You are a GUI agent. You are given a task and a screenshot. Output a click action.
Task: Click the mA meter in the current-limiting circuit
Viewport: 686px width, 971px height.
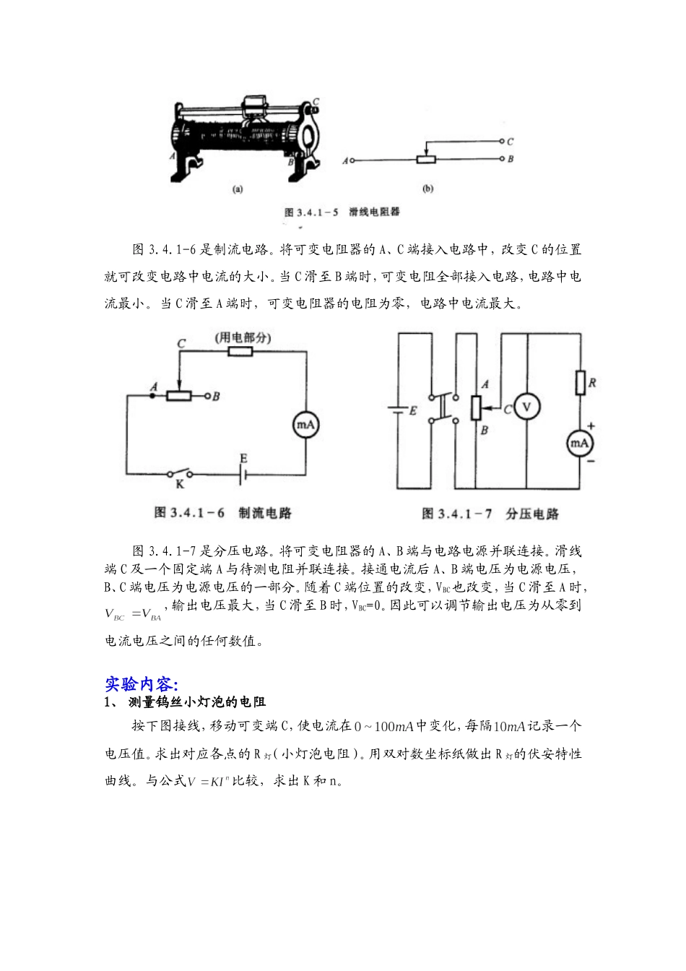point(305,425)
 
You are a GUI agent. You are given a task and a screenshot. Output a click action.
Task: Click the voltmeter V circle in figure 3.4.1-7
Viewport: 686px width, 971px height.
point(526,407)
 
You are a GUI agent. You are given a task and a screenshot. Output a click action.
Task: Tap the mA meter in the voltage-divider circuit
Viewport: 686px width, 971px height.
point(579,442)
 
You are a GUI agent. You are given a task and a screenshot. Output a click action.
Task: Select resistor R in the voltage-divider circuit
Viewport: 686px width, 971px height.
point(579,383)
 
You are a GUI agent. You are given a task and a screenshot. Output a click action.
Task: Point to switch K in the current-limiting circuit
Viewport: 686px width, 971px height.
point(181,475)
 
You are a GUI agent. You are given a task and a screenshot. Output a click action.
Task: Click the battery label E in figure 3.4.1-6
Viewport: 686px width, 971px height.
point(243,459)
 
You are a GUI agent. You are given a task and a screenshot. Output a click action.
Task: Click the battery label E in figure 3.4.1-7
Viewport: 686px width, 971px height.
point(413,410)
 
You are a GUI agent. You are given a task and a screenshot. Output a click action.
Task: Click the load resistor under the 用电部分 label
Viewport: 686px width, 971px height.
point(240,352)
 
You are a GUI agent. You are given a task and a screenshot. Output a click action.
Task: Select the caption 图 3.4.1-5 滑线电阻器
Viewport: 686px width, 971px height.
point(342,212)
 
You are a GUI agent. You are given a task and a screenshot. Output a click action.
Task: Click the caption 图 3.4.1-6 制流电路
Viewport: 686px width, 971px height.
point(222,513)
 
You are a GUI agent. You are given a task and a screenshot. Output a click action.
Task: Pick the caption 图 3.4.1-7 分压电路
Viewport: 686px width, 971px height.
point(490,514)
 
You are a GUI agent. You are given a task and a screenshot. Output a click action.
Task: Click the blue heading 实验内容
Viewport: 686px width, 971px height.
point(142,683)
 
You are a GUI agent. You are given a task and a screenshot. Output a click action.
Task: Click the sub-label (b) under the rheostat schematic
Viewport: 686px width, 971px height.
point(427,189)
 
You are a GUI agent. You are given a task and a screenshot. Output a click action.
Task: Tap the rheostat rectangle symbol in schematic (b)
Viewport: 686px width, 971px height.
point(427,159)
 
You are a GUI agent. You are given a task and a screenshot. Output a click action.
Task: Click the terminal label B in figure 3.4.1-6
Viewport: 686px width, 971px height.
point(216,396)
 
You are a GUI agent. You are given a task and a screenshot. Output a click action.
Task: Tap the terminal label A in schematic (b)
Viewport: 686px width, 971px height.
point(344,160)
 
